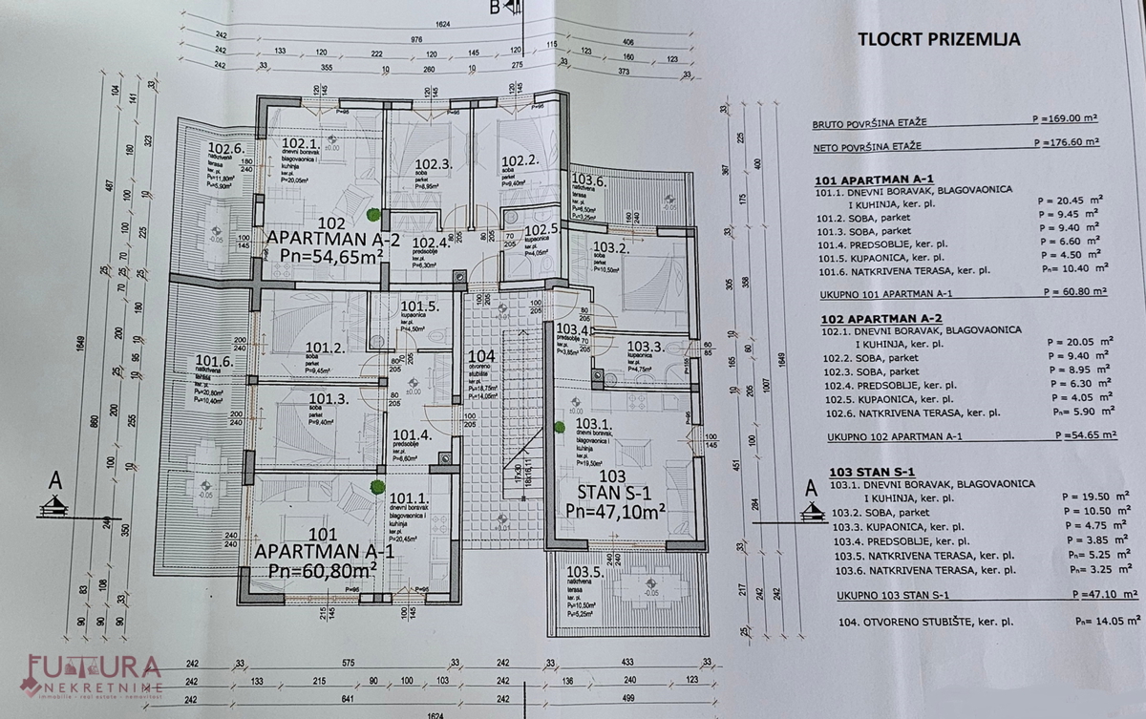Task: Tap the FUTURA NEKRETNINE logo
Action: (x=93, y=675)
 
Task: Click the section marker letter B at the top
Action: (x=494, y=10)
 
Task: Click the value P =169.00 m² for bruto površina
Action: (x=1066, y=121)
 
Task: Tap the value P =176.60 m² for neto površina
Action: (x=1066, y=142)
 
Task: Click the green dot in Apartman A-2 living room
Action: (x=373, y=214)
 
